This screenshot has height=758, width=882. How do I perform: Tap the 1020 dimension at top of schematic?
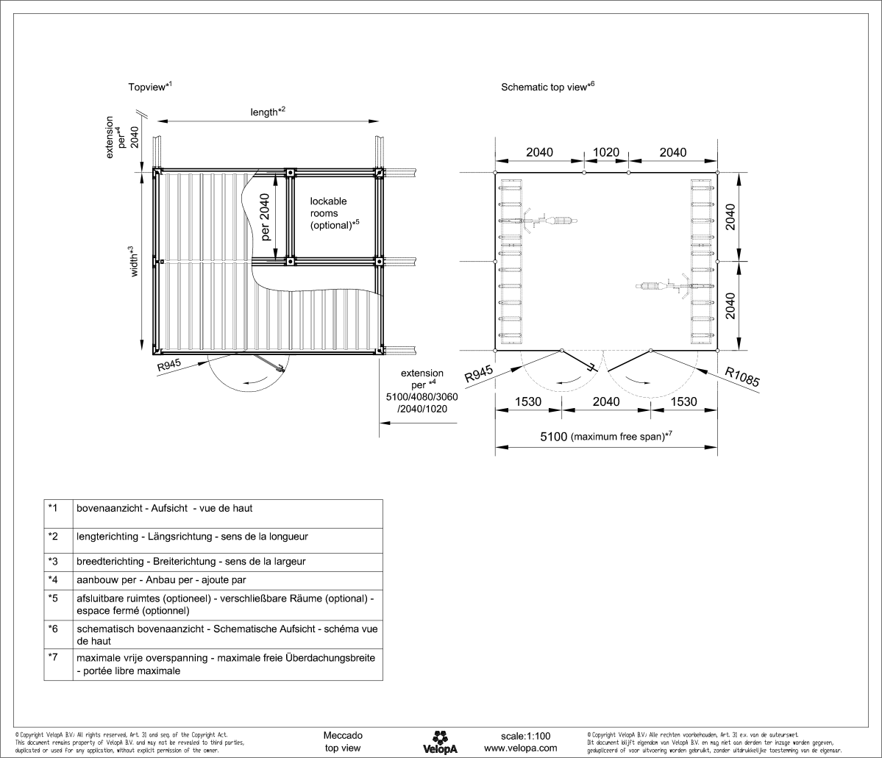[x=606, y=152]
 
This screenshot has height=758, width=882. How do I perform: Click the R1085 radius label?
[x=742, y=376]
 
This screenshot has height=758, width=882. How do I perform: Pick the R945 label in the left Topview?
[x=168, y=365]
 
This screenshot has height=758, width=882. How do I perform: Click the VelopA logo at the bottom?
[x=441, y=740]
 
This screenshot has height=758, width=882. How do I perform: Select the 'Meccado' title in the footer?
[x=342, y=735]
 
